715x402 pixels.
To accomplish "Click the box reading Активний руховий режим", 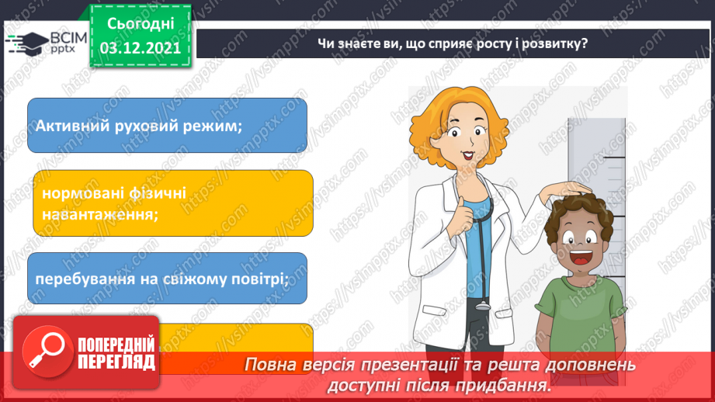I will [x=167, y=125].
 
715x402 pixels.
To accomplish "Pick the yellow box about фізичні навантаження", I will [x=172, y=203].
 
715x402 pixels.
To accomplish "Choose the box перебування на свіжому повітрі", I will [x=167, y=278].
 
